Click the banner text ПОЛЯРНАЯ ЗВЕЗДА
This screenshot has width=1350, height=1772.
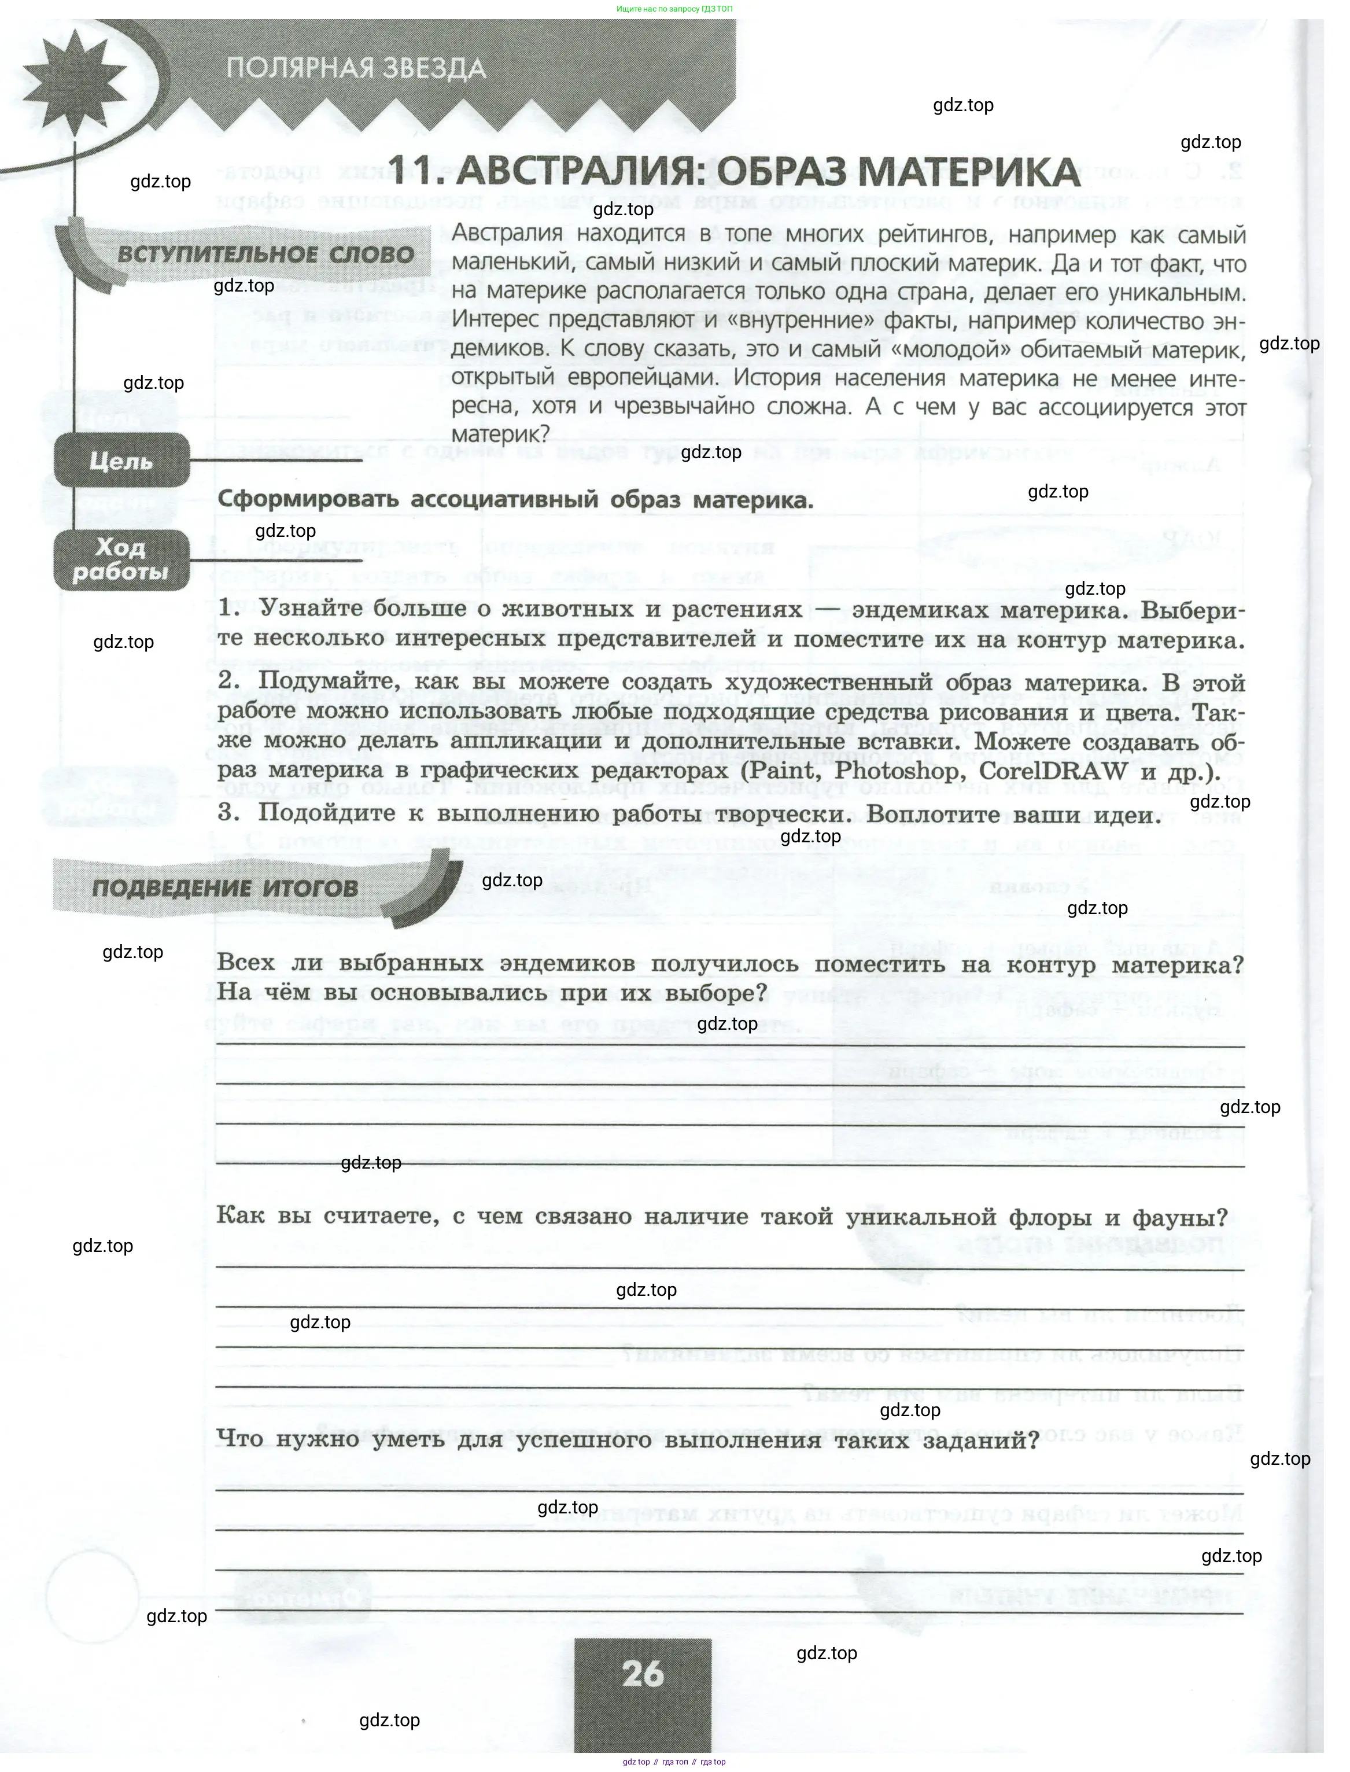click(356, 68)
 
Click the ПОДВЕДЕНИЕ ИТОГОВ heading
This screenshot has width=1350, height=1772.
click(226, 888)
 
